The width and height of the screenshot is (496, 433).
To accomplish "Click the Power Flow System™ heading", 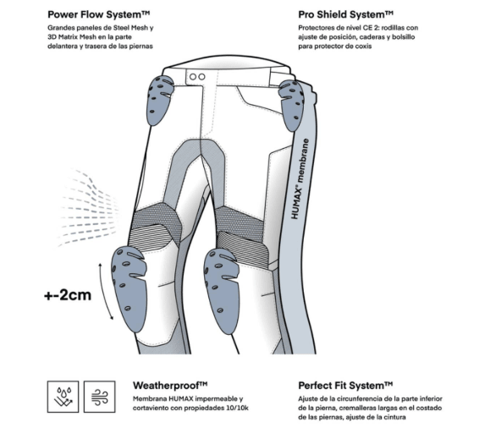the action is coord(99,14).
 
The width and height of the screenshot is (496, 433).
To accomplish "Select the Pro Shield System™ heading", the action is coord(345,14).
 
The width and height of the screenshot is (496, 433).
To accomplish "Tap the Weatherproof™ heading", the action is coord(170,386).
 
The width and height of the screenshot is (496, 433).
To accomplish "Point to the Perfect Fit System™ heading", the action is coord(345,386).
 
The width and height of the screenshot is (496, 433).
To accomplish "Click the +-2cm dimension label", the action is coord(68,295).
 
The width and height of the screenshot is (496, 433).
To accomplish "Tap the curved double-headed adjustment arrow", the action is coord(104,291).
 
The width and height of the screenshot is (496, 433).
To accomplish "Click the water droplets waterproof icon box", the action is coord(63,397).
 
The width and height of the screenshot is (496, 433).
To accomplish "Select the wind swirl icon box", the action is coord(99,397).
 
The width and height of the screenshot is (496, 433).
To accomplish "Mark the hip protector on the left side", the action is coord(159,99).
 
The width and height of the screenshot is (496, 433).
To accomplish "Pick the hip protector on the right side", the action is coord(292,104).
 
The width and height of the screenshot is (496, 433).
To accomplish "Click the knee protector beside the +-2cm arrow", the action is coord(129,288).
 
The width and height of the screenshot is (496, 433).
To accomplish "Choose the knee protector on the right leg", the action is coord(222,290).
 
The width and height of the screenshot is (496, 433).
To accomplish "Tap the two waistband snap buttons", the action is coord(197,77).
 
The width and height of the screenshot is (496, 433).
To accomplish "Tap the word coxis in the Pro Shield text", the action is coord(361,47).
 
